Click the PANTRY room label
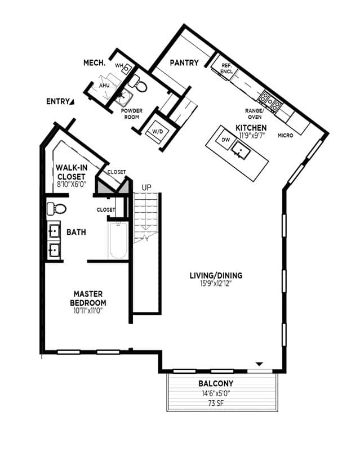(x=184, y=62)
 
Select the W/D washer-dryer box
(x=158, y=132)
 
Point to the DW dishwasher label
(x=226, y=140)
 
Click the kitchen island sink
(x=242, y=150)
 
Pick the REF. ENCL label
(x=226, y=69)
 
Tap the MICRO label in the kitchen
(x=285, y=136)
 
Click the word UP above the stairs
(x=146, y=187)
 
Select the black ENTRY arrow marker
(x=72, y=101)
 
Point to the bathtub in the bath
(x=118, y=240)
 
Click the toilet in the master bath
(x=56, y=208)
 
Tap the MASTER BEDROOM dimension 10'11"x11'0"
(x=88, y=311)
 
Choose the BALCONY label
(x=216, y=384)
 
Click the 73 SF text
(x=216, y=403)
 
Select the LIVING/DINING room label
(x=216, y=276)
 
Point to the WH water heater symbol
(x=126, y=69)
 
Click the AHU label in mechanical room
(x=104, y=86)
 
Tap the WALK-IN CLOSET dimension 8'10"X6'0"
(x=72, y=185)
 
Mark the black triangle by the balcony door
(x=260, y=364)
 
